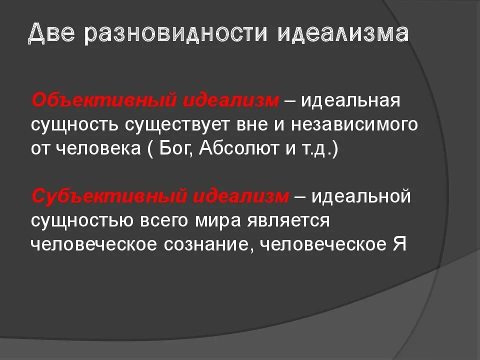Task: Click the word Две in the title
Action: click(x=51, y=34)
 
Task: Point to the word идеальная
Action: click(x=350, y=100)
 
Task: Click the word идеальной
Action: click(x=360, y=196)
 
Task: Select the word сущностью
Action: click(x=81, y=220)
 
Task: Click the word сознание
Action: click(x=207, y=244)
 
